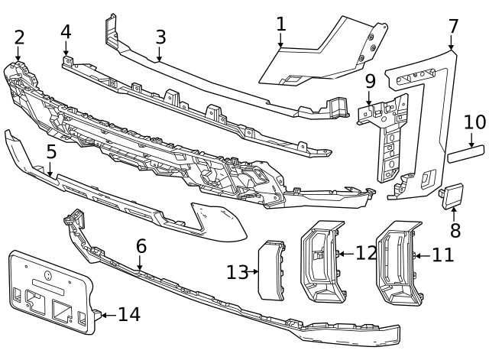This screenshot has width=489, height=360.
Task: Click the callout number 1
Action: coord(281,24)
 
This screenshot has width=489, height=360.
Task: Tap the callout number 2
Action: coord(19,37)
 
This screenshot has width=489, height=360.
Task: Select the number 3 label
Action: coord(160,37)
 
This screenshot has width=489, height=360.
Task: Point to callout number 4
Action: coord(66,31)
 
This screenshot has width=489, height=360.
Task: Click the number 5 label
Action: coord(51,151)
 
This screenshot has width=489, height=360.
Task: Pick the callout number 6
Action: coord(141,246)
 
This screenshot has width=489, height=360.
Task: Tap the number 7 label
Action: coord(453,26)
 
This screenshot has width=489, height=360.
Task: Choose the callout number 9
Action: coord(370,79)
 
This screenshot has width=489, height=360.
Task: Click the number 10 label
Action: coord(474,122)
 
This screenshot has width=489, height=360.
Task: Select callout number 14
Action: coord(129,313)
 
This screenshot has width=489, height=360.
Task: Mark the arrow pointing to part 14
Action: coord(107,313)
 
